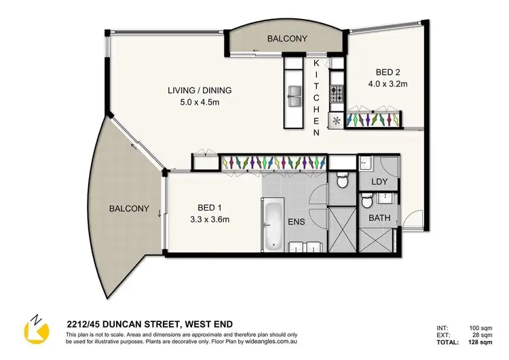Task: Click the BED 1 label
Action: click(x=202, y=206)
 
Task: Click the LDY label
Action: click(x=380, y=182)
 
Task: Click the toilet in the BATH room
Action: click(x=366, y=202)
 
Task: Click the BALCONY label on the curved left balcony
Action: click(x=129, y=209)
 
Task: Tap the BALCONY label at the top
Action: click(x=287, y=39)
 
